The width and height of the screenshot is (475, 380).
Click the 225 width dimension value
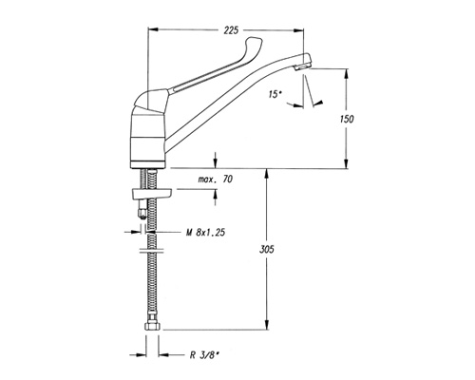point(231,30)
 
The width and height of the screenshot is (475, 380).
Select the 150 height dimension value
point(347,120)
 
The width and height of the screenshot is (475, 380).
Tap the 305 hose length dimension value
point(267,250)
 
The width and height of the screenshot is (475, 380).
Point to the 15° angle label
point(275,94)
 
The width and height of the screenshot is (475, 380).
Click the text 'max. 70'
point(216,180)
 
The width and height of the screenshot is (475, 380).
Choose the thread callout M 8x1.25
point(205,233)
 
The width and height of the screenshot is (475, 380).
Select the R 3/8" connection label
point(204,355)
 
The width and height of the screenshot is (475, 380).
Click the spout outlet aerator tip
point(302,66)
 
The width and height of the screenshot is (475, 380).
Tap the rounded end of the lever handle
point(255,43)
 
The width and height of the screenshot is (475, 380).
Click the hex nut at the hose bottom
point(152,326)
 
